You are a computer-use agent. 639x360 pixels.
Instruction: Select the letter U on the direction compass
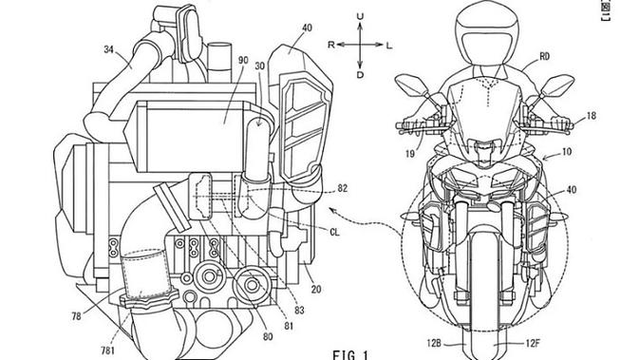point(359,17)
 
